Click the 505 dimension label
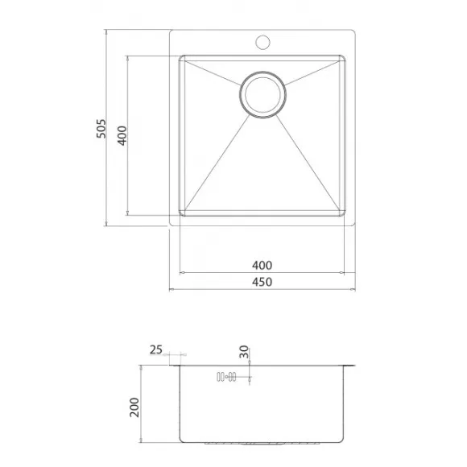(x=101, y=128)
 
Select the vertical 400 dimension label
(x=122, y=135)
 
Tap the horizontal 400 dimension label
(x=262, y=265)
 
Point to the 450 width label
(x=262, y=282)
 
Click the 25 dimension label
(x=156, y=349)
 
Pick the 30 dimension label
(x=244, y=352)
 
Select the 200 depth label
(x=134, y=407)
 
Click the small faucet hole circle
(x=262, y=43)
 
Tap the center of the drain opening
(x=262, y=94)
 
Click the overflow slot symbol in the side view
(x=226, y=377)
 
